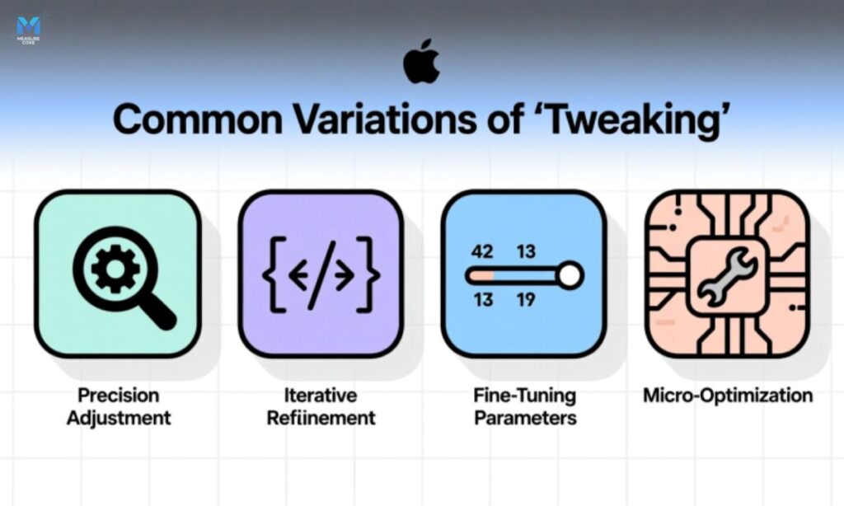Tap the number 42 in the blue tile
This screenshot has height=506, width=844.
click(x=482, y=251)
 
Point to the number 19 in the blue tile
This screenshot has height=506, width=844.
click(x=526, y=299)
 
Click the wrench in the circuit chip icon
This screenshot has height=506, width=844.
click(x=726, y=275)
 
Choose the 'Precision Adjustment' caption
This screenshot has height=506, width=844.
click(x=118, y=406)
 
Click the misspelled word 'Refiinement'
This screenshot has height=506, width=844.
click(x=321, y=418)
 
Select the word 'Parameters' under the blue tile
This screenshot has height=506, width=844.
click(x=525, y=418)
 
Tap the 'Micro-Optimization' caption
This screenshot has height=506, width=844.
click(x=727, y=396)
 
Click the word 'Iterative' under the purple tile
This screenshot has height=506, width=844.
click(x=321, y=396)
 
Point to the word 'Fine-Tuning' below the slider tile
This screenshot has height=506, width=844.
click(x=525, y=396)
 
